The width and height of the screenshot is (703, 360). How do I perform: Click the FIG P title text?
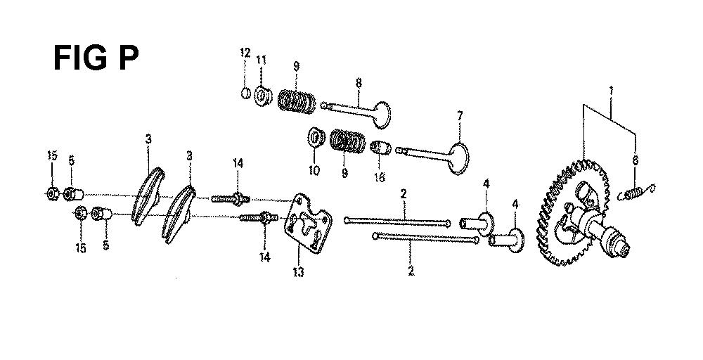click(96, 58)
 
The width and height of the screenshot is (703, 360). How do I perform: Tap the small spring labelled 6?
click(636, 192)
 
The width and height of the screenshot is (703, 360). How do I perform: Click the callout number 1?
click(611, 91)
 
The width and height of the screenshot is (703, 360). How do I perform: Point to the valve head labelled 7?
click(458, 158)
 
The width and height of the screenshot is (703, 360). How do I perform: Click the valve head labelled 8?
click(380, 115)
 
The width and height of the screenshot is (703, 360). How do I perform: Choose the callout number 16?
click(380, 177)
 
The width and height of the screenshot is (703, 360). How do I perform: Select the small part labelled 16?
click(380, 148)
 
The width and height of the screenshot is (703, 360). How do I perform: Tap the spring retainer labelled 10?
click(316, 137)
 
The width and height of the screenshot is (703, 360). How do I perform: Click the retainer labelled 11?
click(262, 96)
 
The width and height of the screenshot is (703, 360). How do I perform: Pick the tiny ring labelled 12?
click(245, 94)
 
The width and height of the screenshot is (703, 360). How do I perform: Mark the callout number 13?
click(298, 271)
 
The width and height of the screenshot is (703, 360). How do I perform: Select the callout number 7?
click(459, 116)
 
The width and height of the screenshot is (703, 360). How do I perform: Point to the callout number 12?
click(245, 53)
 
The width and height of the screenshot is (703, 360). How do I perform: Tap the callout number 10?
click(314, 171)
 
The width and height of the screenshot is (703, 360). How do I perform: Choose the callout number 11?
click(262, 60)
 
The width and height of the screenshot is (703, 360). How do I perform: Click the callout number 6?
click(635, 160)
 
